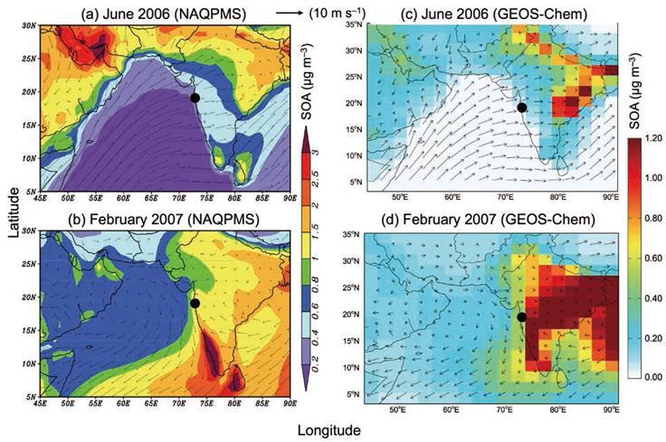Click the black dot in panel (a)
(x=195, y=98)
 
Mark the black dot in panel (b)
(x=195, y=304)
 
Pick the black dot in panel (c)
(x=521, y=108)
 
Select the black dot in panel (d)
(x=521, y=316)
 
